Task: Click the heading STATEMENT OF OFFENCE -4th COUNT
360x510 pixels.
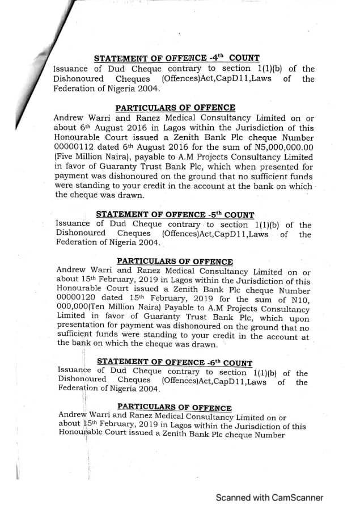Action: (x=176, y=58)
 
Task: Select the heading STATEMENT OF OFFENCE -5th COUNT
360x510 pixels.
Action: (x=175, y=214)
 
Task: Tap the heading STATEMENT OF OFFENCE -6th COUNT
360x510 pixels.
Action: (x=175, y=362)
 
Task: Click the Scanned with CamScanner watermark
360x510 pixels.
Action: (x=269, y=498)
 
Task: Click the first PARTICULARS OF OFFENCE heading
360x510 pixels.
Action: (x=175, y=108)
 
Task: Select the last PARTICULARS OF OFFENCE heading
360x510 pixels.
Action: (x=174, y=408)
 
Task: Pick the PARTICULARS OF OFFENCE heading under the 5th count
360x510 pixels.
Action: (x=175, y=262)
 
